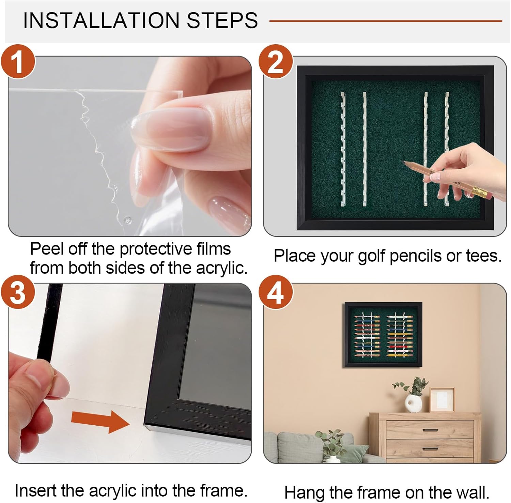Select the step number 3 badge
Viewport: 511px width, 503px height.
18,292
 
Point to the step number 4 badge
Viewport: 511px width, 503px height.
276,292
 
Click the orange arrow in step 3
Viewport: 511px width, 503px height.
100,421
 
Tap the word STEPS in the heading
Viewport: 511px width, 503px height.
222,20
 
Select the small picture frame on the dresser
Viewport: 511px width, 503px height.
442,400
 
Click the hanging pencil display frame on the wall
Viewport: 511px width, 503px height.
383,334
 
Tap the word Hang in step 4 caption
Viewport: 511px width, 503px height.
305,493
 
